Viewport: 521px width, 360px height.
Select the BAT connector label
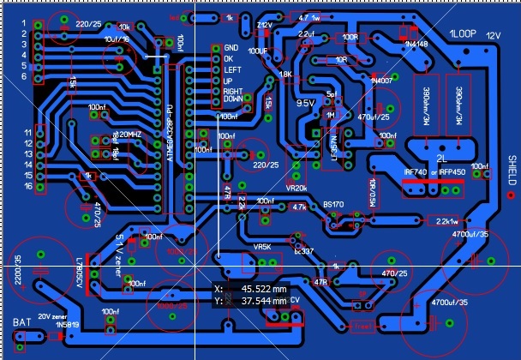pos(21,323)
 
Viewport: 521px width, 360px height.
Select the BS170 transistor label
pos(332,205)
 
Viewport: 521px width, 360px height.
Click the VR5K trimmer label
pos(262,246)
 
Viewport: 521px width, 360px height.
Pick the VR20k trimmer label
pos(296,188)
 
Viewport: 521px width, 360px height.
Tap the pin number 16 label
pos(28,185)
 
